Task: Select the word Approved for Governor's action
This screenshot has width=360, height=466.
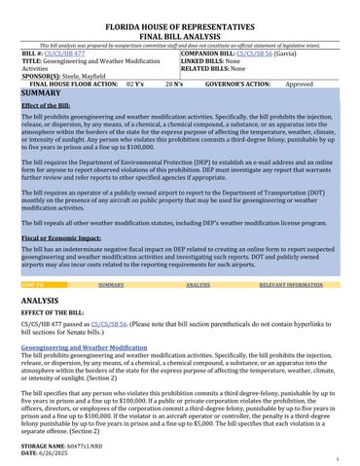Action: [x=299, y=85]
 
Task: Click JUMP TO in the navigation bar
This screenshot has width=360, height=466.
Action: [x=32, y=285]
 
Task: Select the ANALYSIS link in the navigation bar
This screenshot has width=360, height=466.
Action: [x=198, y=285]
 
